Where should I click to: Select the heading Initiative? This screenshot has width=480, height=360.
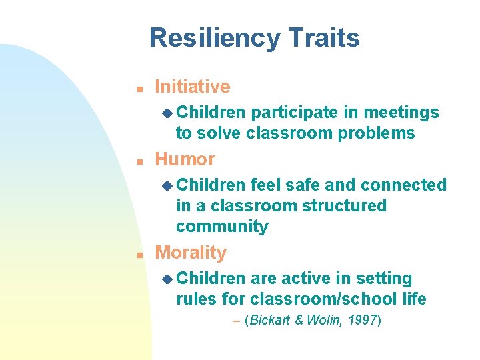(x=192, y=87)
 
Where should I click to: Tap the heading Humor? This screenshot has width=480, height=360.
(x=185, y=159)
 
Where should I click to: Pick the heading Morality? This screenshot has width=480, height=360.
(x=191, y=253)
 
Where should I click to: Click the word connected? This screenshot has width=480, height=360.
(x=403, y=185)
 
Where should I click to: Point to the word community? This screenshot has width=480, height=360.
(x=222, y=226)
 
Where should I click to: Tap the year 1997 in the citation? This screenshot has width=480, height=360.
(x=363, y=321)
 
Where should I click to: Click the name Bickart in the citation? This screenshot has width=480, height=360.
(x=269, y=321)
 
